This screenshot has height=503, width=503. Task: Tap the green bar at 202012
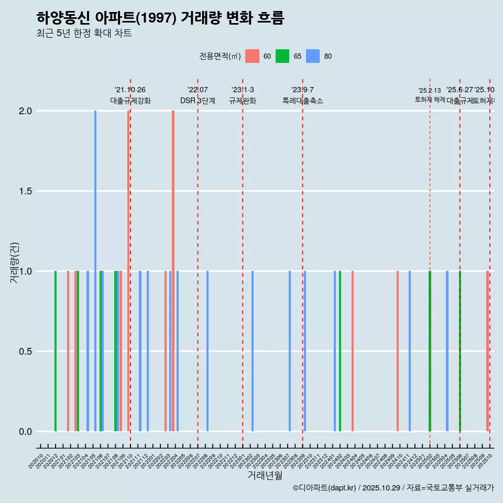(x=56, y=351)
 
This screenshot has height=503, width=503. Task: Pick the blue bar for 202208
(x=207, y=351)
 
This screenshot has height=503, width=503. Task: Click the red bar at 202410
(x=398, y=351)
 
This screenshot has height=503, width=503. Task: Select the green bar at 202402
(x=340, y=351)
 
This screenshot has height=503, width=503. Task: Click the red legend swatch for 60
(x=252, y=56)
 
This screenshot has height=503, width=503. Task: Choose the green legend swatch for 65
(x=282, y=56)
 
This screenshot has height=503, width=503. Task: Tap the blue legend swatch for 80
(x=313, y=56)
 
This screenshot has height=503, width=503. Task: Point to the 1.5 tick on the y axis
(x=25, y=191)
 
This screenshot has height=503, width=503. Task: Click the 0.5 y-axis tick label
(x=25, y=352)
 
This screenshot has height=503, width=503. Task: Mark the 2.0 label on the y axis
(x=25, y=111)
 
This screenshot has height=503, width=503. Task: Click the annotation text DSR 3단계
(x=198, y=101)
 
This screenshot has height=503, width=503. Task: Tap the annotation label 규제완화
(x=243, y=101)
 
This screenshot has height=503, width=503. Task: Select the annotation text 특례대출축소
(x=303, y=101)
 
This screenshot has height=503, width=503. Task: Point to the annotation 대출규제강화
(x=130, y=101)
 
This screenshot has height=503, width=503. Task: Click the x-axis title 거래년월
(x=265, y=475)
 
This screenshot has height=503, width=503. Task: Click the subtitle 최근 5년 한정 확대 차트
(x=84, y=34)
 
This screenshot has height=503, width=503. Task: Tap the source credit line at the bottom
(x=393, y=488)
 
